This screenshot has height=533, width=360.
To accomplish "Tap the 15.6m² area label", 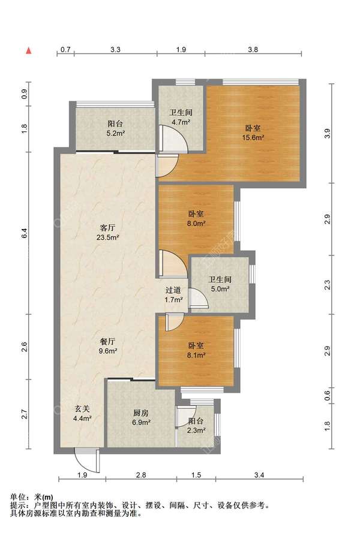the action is [253, 138].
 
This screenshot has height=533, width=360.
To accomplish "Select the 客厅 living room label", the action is [107, 227].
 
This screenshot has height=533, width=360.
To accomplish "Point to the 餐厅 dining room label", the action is [107, 341].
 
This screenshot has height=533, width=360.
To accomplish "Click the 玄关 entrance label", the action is [82, 409].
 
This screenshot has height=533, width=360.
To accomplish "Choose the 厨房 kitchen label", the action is [141, 413].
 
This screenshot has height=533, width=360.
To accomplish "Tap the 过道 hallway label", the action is [173, 290].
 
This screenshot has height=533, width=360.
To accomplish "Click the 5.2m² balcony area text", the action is [115, 133].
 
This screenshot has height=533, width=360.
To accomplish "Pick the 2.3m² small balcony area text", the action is [196, 430].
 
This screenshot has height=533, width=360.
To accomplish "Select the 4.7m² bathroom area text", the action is [181, 122].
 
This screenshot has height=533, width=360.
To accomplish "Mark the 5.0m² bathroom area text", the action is [220, 289].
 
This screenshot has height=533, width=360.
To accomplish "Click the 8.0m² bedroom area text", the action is [196, 223].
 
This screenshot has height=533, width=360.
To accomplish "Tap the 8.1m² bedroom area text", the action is [196, 355].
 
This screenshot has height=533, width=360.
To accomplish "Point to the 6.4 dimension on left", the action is [24, 233].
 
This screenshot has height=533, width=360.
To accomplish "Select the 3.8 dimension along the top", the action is [253, 50].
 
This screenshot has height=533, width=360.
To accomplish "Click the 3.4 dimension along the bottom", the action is [259, 475].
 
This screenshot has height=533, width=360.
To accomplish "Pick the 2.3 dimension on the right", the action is [328, 285].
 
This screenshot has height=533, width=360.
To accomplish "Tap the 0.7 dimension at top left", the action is [65, 50].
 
